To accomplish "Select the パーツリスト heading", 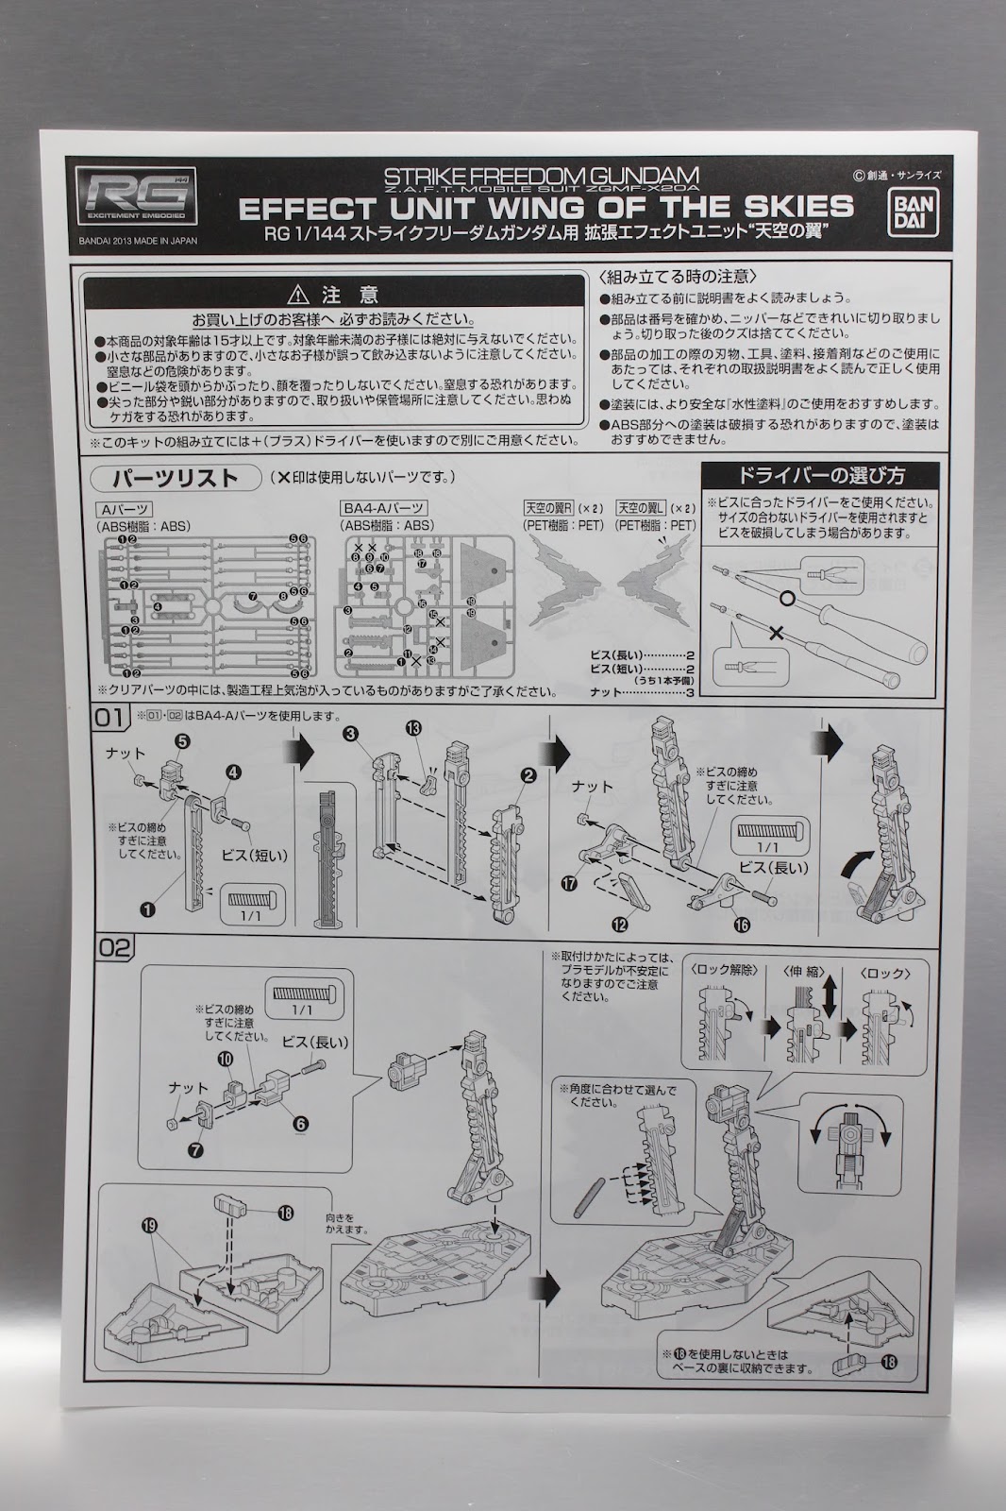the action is pyautogui.click(x=176, y=478).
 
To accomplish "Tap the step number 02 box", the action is pyautogui.click(x=113, y=947).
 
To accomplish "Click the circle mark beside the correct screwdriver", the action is pyautogui.click(x=786, y=599).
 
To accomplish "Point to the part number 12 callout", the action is pyautogui.click(x=619, y=925).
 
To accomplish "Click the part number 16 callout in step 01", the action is pyautogui.click(x=743, y=925).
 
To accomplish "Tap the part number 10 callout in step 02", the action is pyautogui.click(x=225, y=1060).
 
